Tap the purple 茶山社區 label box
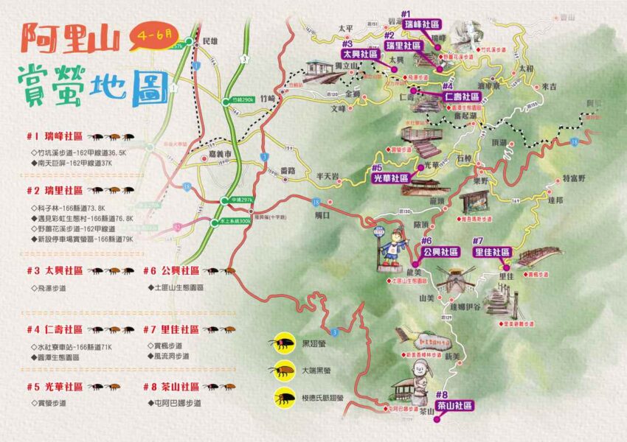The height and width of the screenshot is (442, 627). (x=454, y=406)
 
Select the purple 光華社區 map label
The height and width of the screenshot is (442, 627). (x=390, y=178)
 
